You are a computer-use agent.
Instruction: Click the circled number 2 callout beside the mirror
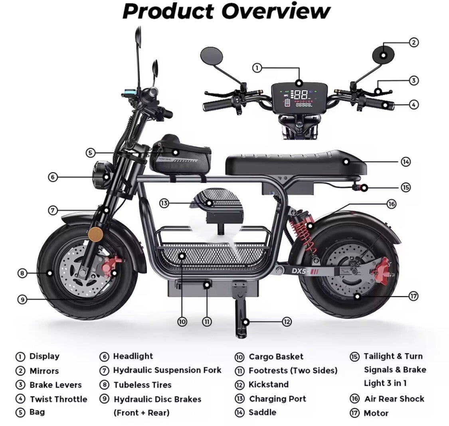(414, 42)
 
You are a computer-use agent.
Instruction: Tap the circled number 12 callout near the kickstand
(287, 321)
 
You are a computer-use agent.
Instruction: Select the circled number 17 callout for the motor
(413, 296)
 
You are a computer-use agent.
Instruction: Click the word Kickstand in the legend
(268, 384)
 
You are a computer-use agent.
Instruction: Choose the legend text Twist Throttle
(58, 399)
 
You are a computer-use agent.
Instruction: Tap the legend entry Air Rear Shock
(394, 398)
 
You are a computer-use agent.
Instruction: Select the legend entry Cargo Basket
(276, 357)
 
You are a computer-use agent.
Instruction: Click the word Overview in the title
(276, 11)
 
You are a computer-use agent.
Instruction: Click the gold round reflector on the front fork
(94, 234)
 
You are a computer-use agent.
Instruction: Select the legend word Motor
(376, 413)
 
